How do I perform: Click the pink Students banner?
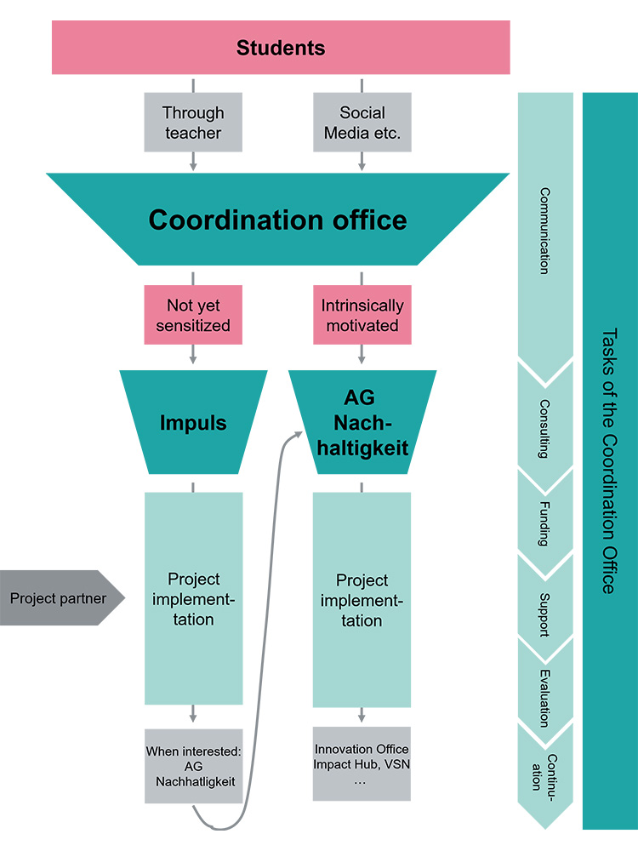[x=281, y=48]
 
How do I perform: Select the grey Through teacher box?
[x=193, y=123]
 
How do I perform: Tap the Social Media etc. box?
[x=362, y=123]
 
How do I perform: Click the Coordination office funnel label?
[x=277, y=220]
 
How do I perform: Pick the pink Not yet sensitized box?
[x=193, y=315]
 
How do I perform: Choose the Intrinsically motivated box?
[x=362, y=315]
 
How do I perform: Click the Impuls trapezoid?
[x=193, y=422]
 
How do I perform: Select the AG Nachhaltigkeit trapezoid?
[x=362, y=423]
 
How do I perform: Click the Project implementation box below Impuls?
[x=193, y=598]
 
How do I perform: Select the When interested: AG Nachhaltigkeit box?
[x=193, y=766]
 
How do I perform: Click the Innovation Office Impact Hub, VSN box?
[x=362, y=763]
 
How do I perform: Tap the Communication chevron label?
[x=544, y=230]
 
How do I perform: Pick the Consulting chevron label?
[x=544, y=429]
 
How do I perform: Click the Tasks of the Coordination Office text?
[x=609, y=460]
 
